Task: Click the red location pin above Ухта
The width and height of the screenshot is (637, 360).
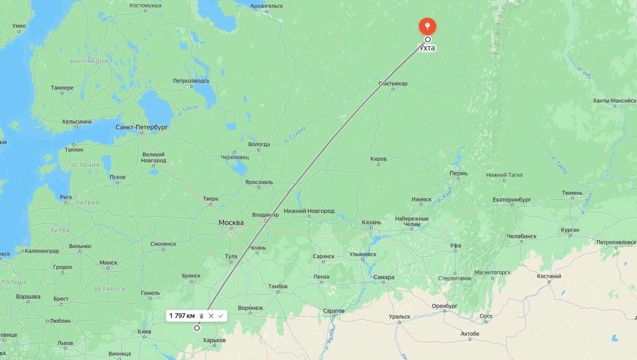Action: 427,25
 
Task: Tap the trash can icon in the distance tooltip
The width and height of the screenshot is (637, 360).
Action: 201,316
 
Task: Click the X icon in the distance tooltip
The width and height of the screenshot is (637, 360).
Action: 211,316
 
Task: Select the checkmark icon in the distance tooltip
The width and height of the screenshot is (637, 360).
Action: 221,316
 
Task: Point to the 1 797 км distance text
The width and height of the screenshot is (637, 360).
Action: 182,316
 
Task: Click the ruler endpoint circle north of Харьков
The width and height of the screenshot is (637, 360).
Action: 197,328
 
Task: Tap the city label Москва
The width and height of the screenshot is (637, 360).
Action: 231,222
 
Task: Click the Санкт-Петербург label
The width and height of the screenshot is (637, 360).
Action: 142,127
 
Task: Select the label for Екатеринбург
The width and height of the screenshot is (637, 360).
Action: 511,200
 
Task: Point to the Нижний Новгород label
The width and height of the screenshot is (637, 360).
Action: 309,211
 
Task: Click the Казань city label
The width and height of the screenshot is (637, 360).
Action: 371,222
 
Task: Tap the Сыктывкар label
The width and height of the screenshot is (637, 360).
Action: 393,83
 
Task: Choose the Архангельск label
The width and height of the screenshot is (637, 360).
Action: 266,6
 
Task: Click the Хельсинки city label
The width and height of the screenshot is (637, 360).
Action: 76,121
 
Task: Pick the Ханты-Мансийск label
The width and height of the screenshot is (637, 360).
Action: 614,100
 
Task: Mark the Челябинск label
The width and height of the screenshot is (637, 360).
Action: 522,236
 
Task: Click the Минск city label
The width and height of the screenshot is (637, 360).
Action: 108,263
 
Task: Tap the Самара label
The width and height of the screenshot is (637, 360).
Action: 383,277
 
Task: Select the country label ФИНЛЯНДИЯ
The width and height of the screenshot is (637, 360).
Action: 89,61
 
